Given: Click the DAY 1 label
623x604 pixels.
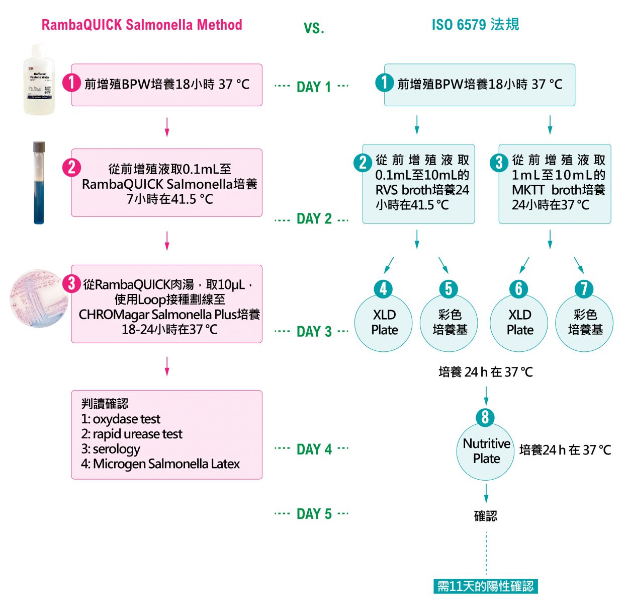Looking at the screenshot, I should (x=314, y=87).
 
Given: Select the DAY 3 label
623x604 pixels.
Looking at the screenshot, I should (x=314, y=332).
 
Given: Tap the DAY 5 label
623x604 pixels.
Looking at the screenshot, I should (x=314, y=514).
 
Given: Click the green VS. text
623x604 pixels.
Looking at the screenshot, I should (x=314, y=28).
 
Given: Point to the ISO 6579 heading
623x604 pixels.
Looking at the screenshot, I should (x=475, y=25).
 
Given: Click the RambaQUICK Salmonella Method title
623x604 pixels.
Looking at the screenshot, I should (x=142, y=25).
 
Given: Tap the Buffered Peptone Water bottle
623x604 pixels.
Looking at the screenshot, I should (x=39, y=81).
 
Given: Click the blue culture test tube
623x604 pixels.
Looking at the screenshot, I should (x=39, y=182).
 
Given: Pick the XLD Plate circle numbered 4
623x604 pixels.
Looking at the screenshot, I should (x=384, y=323).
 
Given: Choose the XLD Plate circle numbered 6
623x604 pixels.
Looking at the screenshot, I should (x=519, y=323).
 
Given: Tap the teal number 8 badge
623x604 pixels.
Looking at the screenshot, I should (x=486, y=417).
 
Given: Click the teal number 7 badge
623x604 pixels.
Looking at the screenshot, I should (x=584, y=289).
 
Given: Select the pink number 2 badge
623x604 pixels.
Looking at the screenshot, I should (x=71, y=167).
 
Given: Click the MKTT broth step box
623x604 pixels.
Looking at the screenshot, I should (x=555, y=184).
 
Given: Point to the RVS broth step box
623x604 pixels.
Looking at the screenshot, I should (x=418, y=184).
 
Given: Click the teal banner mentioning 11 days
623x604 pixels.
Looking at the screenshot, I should (x=485, y=586).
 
